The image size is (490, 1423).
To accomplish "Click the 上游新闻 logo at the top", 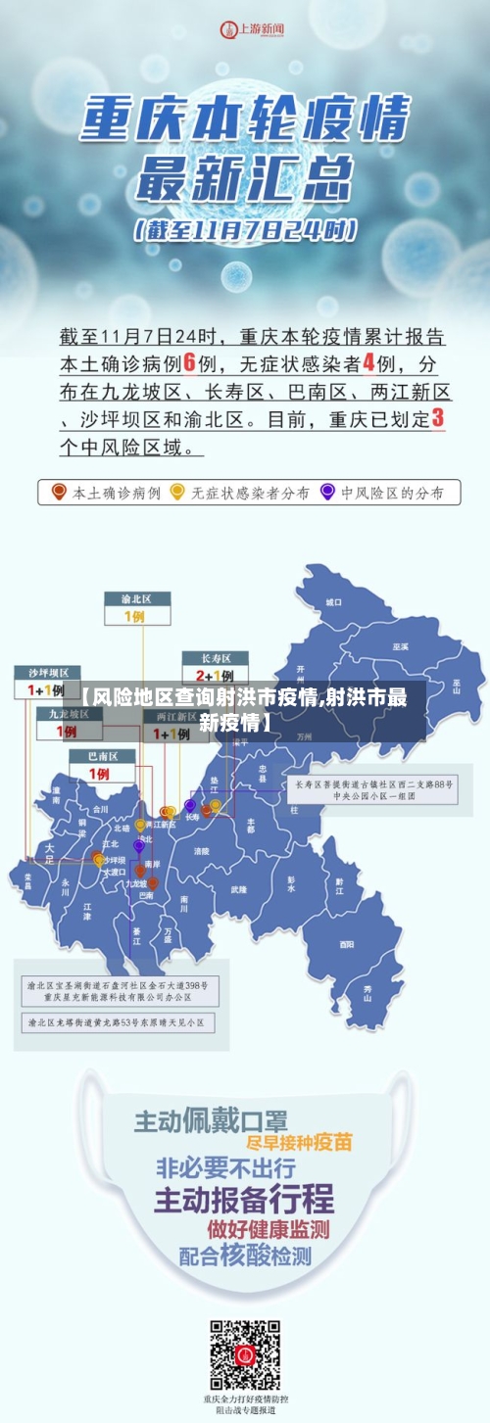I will click(253, 29).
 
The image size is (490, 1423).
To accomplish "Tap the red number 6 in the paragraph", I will click(190, 362).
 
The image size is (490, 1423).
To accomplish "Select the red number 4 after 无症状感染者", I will click(369, 362).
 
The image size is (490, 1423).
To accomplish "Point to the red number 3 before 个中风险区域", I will click(437, 418).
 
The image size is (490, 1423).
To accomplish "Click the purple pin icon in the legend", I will click(326, 492).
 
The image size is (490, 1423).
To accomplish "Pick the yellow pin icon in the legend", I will click(177, 492).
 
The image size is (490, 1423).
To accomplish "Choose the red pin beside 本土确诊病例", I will click(59, 492).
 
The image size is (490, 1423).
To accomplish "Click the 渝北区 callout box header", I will click(137, 598).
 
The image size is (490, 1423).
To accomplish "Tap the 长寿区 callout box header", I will click(208, 658).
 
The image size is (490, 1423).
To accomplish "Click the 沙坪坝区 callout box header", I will click(47, 673).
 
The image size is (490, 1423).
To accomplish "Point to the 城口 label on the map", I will click(334, 601).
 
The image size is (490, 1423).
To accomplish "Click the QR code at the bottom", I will click(244, 1354).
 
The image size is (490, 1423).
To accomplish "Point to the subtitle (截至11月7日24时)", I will click(246, 231).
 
